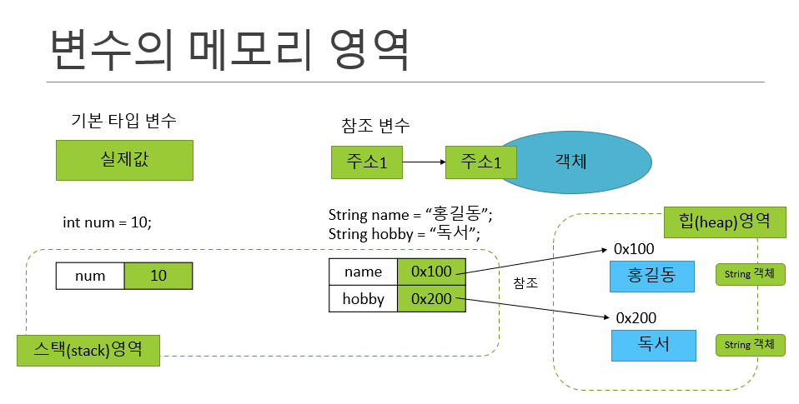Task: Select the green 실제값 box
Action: pos(124,160)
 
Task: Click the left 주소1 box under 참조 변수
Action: pos(366,162)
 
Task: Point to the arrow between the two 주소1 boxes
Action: pos(424,162)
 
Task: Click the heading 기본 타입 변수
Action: pos(124,121)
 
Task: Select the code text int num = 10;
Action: pos(108,222)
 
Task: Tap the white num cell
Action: pos(90,276)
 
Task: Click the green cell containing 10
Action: pos(158,276)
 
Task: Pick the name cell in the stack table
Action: pos(363,272)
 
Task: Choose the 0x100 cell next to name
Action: pos(431,272)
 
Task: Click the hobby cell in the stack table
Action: pos(363,299)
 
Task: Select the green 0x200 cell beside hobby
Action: pos(431,299)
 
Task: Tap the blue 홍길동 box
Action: pos(652,277)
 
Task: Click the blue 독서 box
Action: pos(653,345)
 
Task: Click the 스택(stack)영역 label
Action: pos(88,350)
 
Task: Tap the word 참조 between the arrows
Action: pos(525,283)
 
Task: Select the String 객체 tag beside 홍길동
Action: pos(751,276)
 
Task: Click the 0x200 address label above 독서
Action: pos(636,317)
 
